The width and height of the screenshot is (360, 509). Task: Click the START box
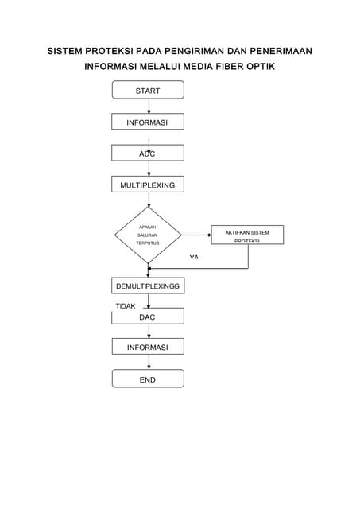click(x=148, y=91)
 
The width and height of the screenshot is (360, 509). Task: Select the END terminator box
click(x=148, y=379)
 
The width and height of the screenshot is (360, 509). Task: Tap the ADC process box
click(x=148, y=153)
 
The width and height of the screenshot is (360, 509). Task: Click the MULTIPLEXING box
click(x=148, y=185)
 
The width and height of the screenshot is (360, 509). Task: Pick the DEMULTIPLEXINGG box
click(x=148, y=286)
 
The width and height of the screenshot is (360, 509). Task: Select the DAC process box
click(x=148, y=317)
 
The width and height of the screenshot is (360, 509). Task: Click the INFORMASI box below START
click(x=148, y=122)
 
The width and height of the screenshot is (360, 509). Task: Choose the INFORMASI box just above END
click(x=148, y=348)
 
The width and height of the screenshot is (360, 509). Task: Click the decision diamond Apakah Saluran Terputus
click(x=148, y=235)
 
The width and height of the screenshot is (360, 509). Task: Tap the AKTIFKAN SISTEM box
click(x=247, y=235)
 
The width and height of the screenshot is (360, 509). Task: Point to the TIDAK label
click(x=126, y=305)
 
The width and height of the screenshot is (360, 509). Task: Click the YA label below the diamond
click(x=194, y=258)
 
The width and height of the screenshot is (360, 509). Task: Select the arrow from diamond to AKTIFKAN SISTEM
click(x=196, y=235)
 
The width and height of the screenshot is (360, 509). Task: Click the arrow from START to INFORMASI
click(x=149, y=106)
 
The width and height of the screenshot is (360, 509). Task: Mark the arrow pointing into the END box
click(x=149, y=363)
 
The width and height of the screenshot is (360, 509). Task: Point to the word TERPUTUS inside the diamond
click(x=148, y=243)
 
